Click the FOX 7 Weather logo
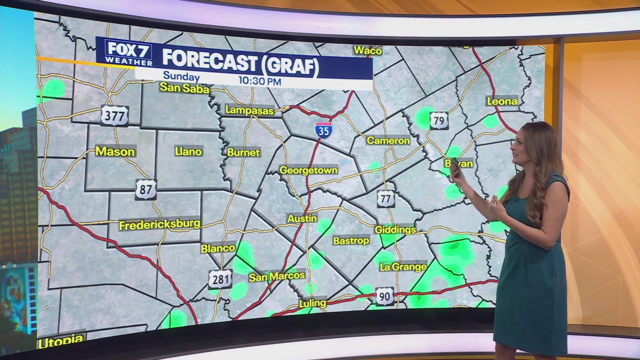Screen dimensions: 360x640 point(128,52)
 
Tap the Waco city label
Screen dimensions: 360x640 point(367,50)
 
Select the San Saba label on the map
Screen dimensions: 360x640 point(184,88)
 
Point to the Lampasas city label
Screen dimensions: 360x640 point(249,110)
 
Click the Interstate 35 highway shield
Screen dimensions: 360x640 point(323,129)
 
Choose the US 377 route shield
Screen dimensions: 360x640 point(114,116)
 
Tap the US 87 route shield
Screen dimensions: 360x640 point(145,189)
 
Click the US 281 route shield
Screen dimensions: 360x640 point(220,279)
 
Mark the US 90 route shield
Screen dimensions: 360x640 point(384,296)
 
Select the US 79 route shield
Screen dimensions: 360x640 point(438,120)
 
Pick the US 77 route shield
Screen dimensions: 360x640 point(385,198)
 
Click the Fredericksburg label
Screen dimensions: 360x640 point(159,224)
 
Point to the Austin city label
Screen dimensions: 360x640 point(302,218)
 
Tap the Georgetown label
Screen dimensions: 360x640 point(308,170)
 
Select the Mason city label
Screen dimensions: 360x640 point(115,151)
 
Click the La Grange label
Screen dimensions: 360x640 point(403,267)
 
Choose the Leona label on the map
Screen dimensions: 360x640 point(502,101)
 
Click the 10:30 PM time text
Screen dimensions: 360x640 point(259,81)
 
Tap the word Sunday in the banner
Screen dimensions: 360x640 point(181,77)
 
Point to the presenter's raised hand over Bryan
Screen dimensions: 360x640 point(455,170)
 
